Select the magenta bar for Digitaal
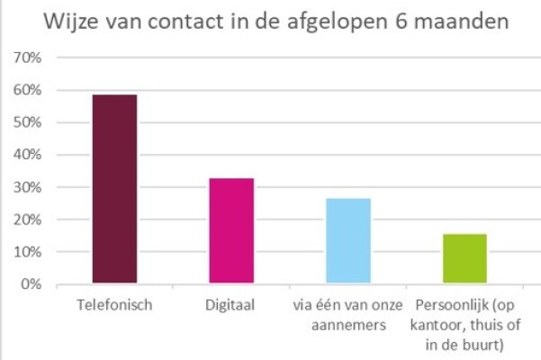pyautogui.click(x=231, y=231)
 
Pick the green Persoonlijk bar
pyautogui.click(x=464, y=259)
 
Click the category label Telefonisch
pyautogui.click(x=113, y=304)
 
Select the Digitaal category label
pyautogui.click(x=231, y=304)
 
